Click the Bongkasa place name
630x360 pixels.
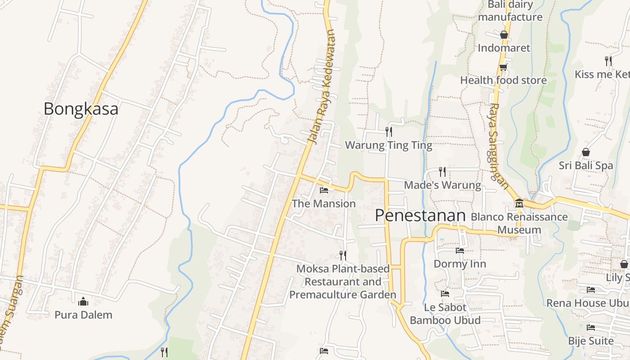(81, 109)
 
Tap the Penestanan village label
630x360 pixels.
(420, 216)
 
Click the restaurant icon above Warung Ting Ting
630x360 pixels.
(389, 131)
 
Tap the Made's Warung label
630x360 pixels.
(442, 185)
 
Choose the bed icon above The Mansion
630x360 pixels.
(324, 190)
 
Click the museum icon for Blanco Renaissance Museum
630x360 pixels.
(519, 203)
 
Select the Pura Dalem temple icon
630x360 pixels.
(83, 301)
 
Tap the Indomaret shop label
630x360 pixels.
(504, 48)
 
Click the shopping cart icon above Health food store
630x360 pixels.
(503, 67)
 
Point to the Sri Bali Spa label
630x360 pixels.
(586, 165)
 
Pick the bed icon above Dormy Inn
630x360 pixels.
(459, 250)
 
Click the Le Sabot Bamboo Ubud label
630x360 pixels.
(445, 314)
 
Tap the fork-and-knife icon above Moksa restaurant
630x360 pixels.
(343, 256)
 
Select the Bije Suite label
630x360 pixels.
(590, 341)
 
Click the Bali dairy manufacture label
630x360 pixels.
(510, 11)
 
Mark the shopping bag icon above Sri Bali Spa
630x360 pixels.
(586, 152)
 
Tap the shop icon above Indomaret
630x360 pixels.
(504, 35)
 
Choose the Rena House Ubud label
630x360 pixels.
(588, 303)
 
